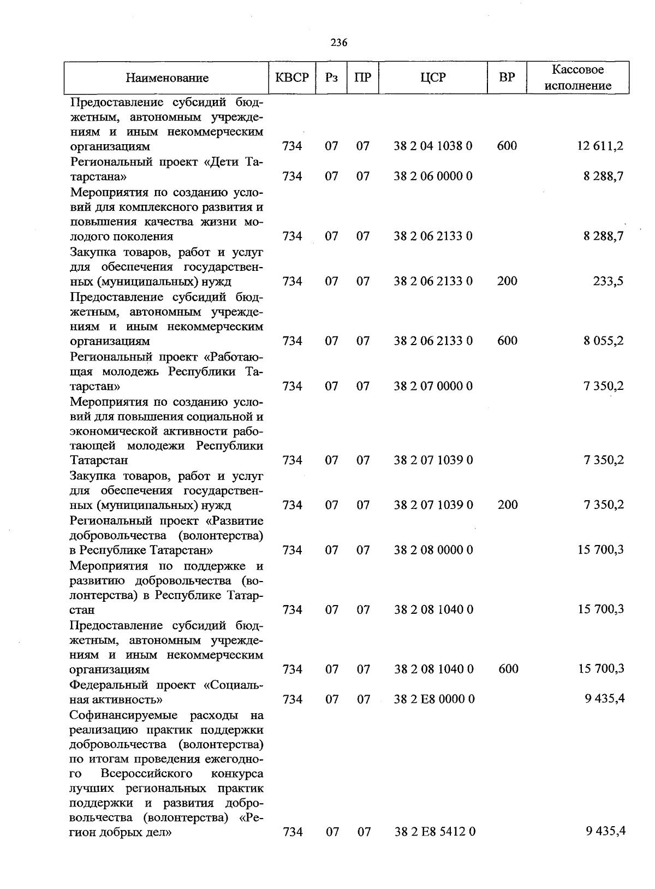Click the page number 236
point(339,43)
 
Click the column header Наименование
point(167,78)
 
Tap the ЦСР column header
point(433,78)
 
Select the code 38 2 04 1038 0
point(433,146)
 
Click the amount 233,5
point(608,281)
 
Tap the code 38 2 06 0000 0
point(433,176)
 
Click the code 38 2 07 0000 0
point(433,387)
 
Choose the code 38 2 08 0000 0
point(433,550)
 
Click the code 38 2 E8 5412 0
point(434,832)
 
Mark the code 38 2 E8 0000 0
point(434,700)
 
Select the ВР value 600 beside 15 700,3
point(508,669)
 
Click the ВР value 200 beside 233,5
point(507,281)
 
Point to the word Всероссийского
point(146,774)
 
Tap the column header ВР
point(507,78)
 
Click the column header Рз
point(331,78)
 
